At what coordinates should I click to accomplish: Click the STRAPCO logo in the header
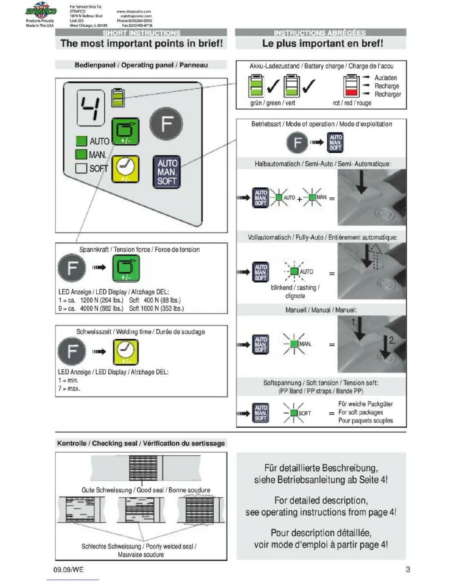[x=40, y=11]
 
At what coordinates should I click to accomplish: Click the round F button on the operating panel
[x=166, y=124]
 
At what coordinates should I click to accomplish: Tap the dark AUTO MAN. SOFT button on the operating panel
[x=167, y=172]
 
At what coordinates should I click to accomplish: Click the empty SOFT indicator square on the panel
[x=81, y=168]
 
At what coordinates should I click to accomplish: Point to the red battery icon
[x=351, y=86]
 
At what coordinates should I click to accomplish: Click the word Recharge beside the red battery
[x=387, y=86]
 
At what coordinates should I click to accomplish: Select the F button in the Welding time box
[x=72, y=351]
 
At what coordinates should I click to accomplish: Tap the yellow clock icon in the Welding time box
[x=126, y=351]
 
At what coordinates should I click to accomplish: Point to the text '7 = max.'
[x=69, y=389]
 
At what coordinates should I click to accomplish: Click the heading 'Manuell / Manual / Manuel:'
[x=321, y=310]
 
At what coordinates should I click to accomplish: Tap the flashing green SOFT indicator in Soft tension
[x=294, y=413]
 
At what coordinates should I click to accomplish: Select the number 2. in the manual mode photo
[x=392, y=340]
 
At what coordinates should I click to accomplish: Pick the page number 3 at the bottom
[x=408, y=569]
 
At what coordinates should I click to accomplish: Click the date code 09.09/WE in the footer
[x=69, y=570]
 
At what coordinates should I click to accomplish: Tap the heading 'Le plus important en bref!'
[x=322, y=43]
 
